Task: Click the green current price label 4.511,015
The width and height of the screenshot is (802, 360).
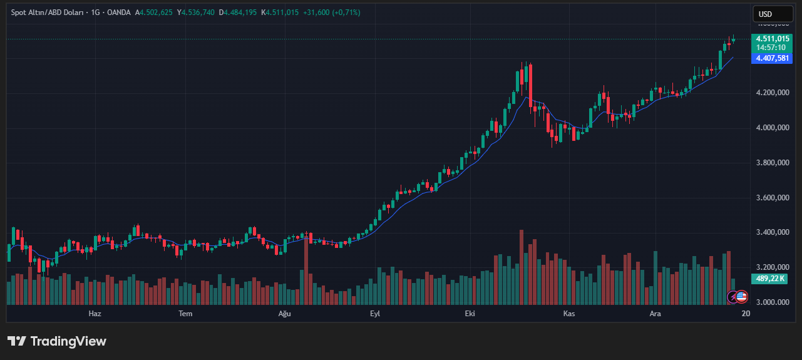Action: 773,38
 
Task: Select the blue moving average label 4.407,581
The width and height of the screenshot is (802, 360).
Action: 773,58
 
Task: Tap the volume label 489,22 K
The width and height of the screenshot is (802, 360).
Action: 770,279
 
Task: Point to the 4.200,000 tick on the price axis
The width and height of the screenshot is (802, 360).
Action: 773,93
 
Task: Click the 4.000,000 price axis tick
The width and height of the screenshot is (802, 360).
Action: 773,128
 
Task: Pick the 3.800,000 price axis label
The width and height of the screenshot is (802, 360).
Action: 773,163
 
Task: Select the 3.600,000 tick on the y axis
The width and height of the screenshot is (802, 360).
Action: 773,198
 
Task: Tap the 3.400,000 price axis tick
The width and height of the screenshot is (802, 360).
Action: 773,232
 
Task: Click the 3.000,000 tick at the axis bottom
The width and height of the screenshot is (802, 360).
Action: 773,302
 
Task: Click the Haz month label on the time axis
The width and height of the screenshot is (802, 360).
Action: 95,313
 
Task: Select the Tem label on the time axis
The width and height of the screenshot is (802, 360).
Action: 185,313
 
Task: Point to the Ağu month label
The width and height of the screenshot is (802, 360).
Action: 285,313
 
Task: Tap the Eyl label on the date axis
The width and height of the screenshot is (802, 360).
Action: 375,313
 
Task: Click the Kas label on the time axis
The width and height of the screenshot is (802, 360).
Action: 568,313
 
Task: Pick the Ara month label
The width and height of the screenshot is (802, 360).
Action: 655,313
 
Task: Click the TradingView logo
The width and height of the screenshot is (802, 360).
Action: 57,341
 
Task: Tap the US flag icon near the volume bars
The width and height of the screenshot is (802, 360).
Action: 741,297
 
